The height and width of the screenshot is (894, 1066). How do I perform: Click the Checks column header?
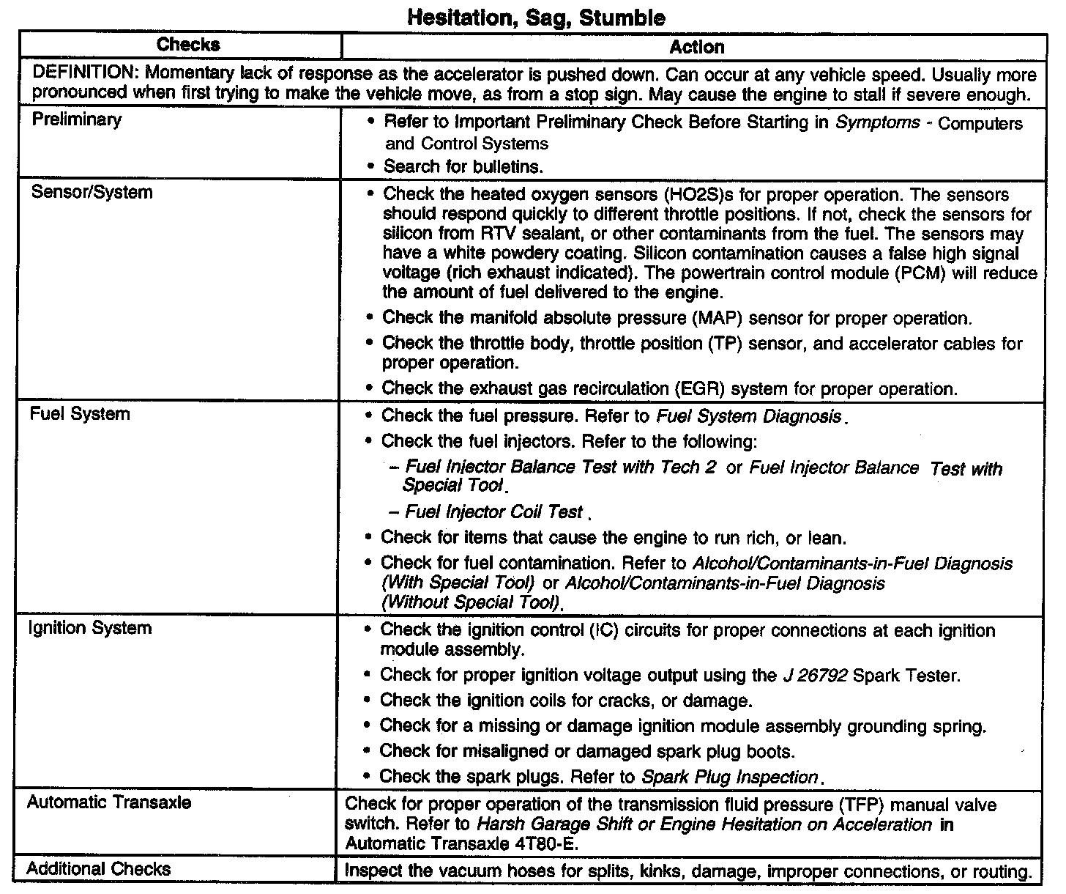(188, 45)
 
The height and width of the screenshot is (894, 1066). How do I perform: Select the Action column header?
(696, 48)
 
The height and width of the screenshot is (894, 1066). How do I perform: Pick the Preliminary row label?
(76, 119)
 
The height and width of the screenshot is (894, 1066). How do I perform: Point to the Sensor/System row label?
(92, 193)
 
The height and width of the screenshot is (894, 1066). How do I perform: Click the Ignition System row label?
(89, 628)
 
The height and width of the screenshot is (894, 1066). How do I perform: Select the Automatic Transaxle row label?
(108, 802)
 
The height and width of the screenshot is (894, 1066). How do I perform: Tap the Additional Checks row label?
(99, 869)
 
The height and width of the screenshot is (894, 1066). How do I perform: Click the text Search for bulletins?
(463, 166)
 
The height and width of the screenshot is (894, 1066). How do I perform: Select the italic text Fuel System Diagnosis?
(748, 416)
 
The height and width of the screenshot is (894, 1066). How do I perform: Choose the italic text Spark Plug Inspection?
(729, 777)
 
